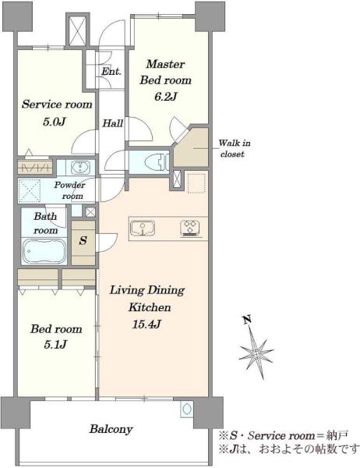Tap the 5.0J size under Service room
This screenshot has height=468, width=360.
[x=55, y=122]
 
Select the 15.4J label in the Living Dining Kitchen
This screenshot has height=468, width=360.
[x=146, y=324]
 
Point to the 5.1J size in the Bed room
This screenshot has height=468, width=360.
[x=55, y=345]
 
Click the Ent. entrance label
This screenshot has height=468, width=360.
[x=111, y=71]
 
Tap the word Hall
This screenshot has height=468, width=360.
[x=112, y=123]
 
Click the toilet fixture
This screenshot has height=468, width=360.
[x=157, y=162]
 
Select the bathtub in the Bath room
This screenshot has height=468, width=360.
[x=44, y=251]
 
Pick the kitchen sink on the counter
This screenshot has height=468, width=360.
[x=143, y=229]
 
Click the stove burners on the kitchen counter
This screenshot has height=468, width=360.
[x=190, y=229]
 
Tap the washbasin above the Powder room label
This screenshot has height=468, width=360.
[x=80, y=168]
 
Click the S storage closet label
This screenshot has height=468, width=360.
[x=83, y=240]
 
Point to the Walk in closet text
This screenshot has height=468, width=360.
[x=234, y=149]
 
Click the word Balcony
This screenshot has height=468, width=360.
[x=111, y=429]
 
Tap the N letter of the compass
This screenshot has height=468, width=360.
[x=247, y=320]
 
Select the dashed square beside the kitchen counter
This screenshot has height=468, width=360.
[x=196, y=183]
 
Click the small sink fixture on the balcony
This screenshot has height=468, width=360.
[x=187, y=409]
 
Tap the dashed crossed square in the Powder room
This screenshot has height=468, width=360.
[x=30, y=190]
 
